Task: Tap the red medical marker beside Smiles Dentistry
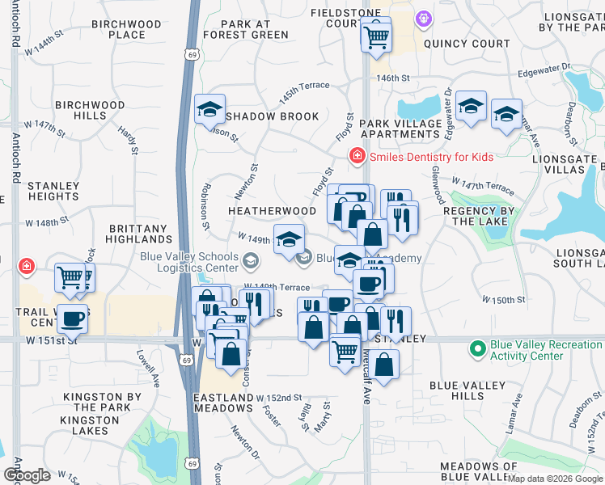[355, 156]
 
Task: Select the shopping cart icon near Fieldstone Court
[376, 36]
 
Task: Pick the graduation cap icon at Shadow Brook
[210, 109]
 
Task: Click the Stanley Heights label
[53, 191]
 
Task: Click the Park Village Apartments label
[401, 129]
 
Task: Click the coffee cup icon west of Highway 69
[73, 318]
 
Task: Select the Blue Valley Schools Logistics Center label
[189, 263]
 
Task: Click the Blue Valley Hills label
[468, 391]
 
